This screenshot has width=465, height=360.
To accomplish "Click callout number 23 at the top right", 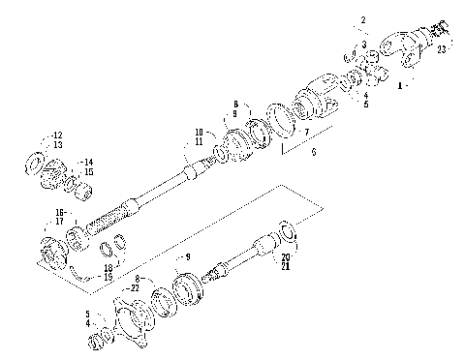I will tap(441, 47).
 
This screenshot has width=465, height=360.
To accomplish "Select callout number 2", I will tap(363, 20).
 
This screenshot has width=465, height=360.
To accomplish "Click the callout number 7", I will tap(307, 131).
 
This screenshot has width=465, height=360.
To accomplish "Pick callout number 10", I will tap(199, 132).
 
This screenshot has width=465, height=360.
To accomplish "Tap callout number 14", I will tap(87, 162).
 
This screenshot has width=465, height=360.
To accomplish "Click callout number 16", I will tap(59, 211).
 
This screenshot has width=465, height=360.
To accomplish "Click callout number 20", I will tap(286, 256).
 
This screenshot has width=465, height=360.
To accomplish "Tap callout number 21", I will tap(286, 266).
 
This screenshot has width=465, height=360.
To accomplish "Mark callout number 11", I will tap(199, 141).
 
